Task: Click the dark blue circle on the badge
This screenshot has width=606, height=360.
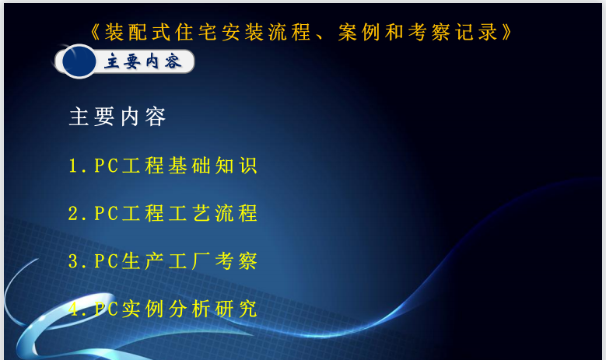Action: pos(79,61)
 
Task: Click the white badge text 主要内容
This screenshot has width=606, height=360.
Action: pos(143,61)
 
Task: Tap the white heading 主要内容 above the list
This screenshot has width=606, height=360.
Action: pos(117,117)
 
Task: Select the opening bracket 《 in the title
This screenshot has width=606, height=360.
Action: pos(96,32)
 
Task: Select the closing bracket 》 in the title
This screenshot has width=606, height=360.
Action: pos(506,32)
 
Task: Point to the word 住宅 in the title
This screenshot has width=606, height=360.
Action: pos(196,32)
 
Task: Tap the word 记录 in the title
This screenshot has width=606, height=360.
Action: pos(476,32)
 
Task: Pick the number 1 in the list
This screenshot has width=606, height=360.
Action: pos(73,166)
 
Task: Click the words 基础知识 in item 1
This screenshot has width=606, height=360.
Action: pos(212,166)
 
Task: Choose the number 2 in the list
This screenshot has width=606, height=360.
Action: pos(73,213)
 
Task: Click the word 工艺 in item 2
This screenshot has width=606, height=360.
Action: pos(189,213)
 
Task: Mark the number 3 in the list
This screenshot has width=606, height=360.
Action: pos(73,261)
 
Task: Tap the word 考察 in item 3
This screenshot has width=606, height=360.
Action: pos(236,261)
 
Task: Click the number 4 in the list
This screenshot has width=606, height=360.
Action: pos(73,309)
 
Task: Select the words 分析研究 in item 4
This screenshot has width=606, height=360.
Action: pos(212,309)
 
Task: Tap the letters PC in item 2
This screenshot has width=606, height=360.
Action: pos(107,213)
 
